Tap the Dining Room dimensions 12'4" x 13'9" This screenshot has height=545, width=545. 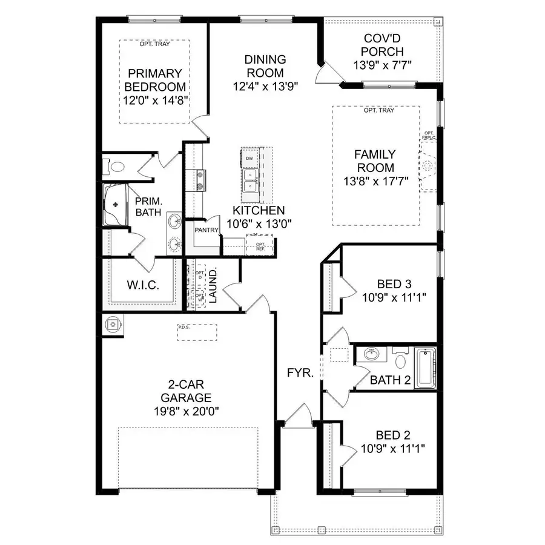point(265,86)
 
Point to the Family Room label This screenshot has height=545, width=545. point(374,161)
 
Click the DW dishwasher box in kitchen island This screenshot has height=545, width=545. point(249,159)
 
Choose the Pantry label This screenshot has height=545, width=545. point(206,230)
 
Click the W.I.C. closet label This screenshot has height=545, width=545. point(142,285)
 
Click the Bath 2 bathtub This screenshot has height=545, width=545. point(425,368)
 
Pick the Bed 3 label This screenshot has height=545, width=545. point(394,284)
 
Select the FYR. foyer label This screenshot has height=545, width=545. point(300,373)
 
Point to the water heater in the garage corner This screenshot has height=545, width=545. point(113,324)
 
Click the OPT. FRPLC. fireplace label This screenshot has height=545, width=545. point(429,136)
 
